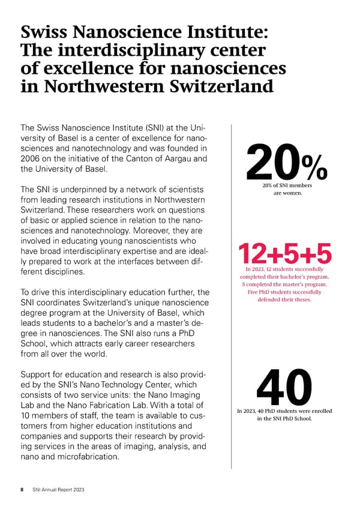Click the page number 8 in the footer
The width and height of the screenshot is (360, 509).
pos(22,490)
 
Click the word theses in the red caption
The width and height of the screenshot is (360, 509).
pos(299,300)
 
